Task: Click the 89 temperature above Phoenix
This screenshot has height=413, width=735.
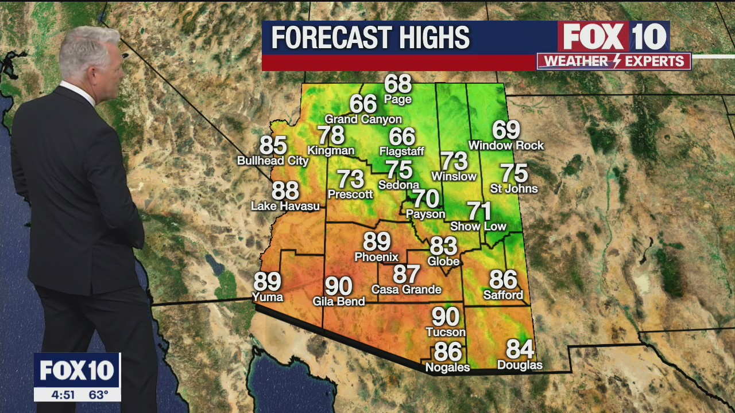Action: (x=377, y=241)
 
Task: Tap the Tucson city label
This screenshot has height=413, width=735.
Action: (x=446, y=332)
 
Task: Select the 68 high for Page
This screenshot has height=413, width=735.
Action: (x=398, y=84)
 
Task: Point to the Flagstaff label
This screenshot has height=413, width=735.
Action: (x=402, y=151)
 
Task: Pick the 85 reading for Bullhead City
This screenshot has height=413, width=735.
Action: (x=273, y=146)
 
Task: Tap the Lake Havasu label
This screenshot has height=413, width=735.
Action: (x=285, y=206)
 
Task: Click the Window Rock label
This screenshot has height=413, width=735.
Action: (x=506, y=146)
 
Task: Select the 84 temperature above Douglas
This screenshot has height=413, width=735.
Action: (x=520, y=349)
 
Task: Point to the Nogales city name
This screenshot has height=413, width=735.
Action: (x=447, y=367)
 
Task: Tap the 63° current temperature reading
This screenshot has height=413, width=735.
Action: (x=98, y=395)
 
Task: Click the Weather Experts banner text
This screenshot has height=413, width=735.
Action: (x=614, y=61)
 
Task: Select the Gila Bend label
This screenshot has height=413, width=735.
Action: (x=339, y=301)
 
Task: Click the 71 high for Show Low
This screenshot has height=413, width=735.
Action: (x=478, y=211)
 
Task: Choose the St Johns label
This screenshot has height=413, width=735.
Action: (x=514, y=189)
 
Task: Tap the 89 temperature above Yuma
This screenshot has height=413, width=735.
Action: (x=268, y=282)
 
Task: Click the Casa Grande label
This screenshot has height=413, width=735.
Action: (x=407, y=290)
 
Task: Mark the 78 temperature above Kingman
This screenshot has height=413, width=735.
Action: (x=331, y=135)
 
